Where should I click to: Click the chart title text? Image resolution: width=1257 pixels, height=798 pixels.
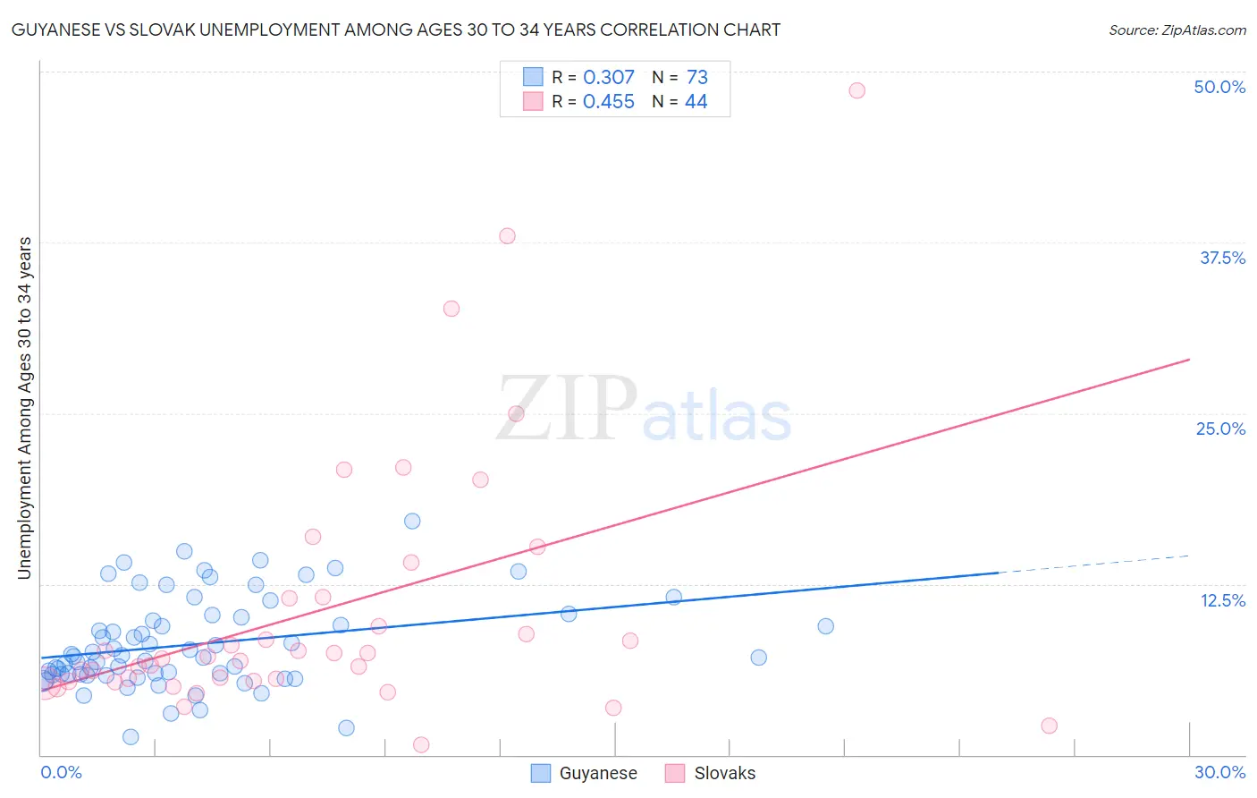[395, 30]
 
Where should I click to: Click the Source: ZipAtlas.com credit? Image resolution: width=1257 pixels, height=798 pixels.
[1177, 30]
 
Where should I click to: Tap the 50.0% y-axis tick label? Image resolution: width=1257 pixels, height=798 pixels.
[1219, 87]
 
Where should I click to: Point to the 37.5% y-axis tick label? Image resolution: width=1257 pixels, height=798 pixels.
[1222, 258]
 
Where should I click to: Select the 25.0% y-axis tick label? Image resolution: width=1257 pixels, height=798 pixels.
[1220, 429]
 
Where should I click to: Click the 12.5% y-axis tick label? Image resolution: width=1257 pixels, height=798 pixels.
[1222, 600]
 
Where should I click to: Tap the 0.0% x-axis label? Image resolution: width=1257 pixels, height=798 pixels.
[61, 772]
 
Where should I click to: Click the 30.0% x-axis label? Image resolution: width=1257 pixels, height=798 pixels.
[1219, 772]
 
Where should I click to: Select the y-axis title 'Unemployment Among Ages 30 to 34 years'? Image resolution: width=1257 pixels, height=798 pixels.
[24, 408]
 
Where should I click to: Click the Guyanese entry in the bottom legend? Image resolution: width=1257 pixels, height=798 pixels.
[584, 773]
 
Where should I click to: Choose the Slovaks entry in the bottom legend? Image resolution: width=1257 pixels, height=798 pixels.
[711, 773]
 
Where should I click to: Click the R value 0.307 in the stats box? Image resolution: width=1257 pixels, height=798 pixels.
[608, 78]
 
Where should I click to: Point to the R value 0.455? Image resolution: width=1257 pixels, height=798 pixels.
[608, 102]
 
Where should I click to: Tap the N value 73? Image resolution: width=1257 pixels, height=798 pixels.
[696, 78]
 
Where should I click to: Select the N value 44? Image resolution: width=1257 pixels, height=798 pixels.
[696, 102]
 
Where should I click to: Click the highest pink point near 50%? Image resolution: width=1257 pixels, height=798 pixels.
[856, 90]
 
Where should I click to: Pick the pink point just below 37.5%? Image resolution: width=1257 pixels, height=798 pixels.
[507, 236]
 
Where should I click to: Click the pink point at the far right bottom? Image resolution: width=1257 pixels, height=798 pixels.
[1049, 726]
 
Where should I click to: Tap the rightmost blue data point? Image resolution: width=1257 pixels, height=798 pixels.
[825, 626]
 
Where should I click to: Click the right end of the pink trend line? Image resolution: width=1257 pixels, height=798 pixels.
[1189, 360]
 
